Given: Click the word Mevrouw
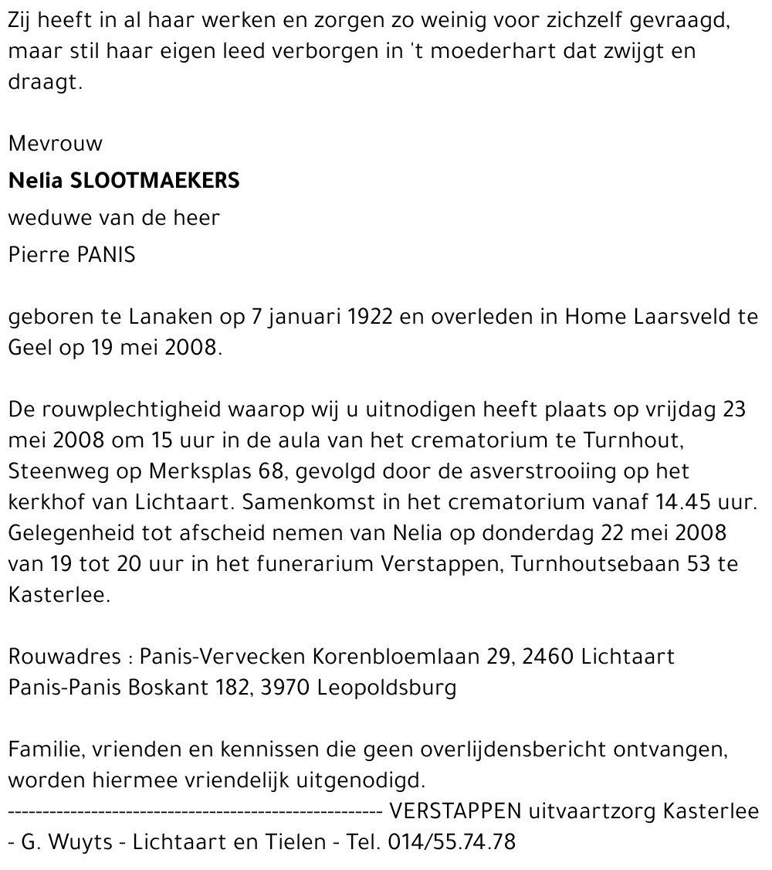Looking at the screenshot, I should pyautogui.click(x=55, y=144).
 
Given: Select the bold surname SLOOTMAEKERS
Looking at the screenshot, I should pyautogui.click(x=155, y=181).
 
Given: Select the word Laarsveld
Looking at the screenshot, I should pyautogui.click(x=682, y=318).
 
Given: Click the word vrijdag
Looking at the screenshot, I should pyautogui.click(x=676, y=410).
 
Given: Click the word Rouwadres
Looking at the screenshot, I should pyautogui.click(x=64, y=657).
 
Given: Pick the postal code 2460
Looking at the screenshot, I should pyautogui.click(x=547, y=657).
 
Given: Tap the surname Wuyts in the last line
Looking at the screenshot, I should pyautogui.click(x=83, y=842).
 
